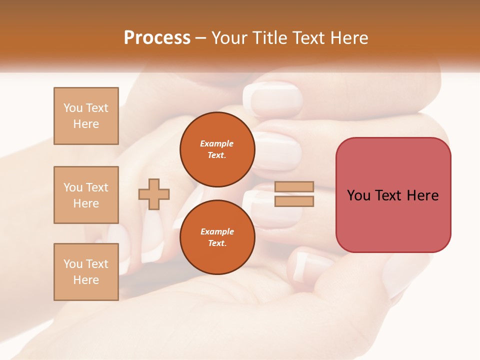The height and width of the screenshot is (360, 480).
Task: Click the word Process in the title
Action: point(157,38)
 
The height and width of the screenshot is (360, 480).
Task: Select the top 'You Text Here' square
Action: point(86,116)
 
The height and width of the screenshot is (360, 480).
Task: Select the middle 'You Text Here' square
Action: point(86,195)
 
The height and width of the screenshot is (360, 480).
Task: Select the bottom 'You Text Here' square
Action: point(86,272)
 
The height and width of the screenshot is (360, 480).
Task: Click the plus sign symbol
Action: point(154,194)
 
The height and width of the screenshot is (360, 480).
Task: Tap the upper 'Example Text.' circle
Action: point(217,149)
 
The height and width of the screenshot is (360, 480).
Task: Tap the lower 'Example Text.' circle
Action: point(217,237)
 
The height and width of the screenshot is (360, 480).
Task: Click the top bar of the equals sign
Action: point(294,187)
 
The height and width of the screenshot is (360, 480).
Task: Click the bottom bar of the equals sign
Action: point(294,201)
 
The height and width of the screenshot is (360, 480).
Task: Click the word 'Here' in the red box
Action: point(422,195)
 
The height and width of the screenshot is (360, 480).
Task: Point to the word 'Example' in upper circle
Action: point(217,143)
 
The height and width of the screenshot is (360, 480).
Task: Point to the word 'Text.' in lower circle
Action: point(217,243)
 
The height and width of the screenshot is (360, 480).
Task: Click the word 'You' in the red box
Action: point(358,195)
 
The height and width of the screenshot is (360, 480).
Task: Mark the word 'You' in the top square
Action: point(73,108)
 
